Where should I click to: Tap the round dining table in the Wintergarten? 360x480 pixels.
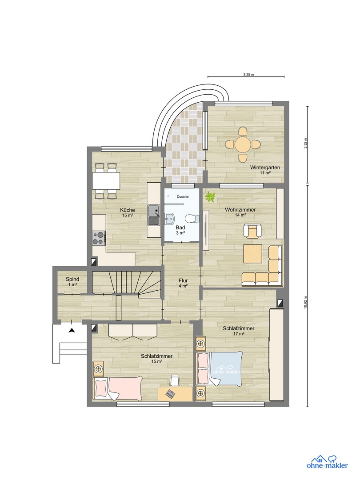coord(243,144)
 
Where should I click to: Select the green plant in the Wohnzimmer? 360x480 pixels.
coord(209,197)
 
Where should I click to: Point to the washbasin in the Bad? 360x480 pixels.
coord(170,218)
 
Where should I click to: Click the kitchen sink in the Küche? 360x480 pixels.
coord(154,216)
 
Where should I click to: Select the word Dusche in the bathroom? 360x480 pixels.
coord(182,196)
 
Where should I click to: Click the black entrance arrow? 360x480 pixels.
coord(71,330)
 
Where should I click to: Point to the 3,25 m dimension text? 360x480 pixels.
coord(248,74)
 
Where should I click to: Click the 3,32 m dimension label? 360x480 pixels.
coord(306,145)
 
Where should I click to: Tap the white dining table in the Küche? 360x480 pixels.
coord(106,181)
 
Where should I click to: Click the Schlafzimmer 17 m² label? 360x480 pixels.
coord(239,331)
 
